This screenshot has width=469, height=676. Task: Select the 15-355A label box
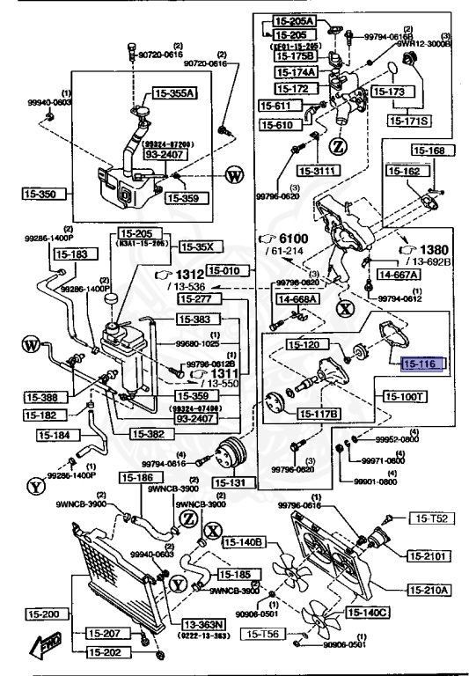coord(175,92)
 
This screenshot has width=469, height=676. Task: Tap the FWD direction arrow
coord(42,649)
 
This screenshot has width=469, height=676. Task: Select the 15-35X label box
coord(202,246)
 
